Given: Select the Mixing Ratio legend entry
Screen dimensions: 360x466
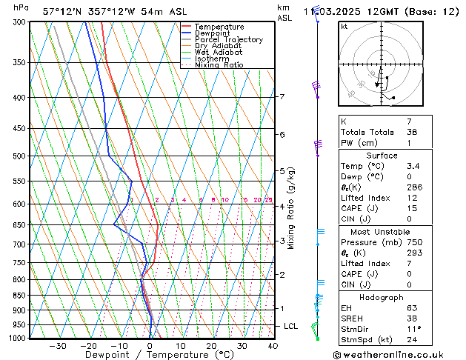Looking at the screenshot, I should point(219,65).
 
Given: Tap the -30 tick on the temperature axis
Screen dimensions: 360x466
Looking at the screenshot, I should point(58,346).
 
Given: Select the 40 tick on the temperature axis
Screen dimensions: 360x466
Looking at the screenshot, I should point(273,346).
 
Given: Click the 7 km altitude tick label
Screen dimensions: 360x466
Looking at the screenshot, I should point(282,97).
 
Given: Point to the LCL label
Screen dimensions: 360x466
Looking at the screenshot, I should point(291,326).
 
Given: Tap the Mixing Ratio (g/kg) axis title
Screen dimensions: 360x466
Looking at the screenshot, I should point(292,208).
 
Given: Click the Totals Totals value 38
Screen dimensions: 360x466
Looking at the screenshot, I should point(410,132).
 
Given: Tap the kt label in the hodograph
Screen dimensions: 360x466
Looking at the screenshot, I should point(344,27).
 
